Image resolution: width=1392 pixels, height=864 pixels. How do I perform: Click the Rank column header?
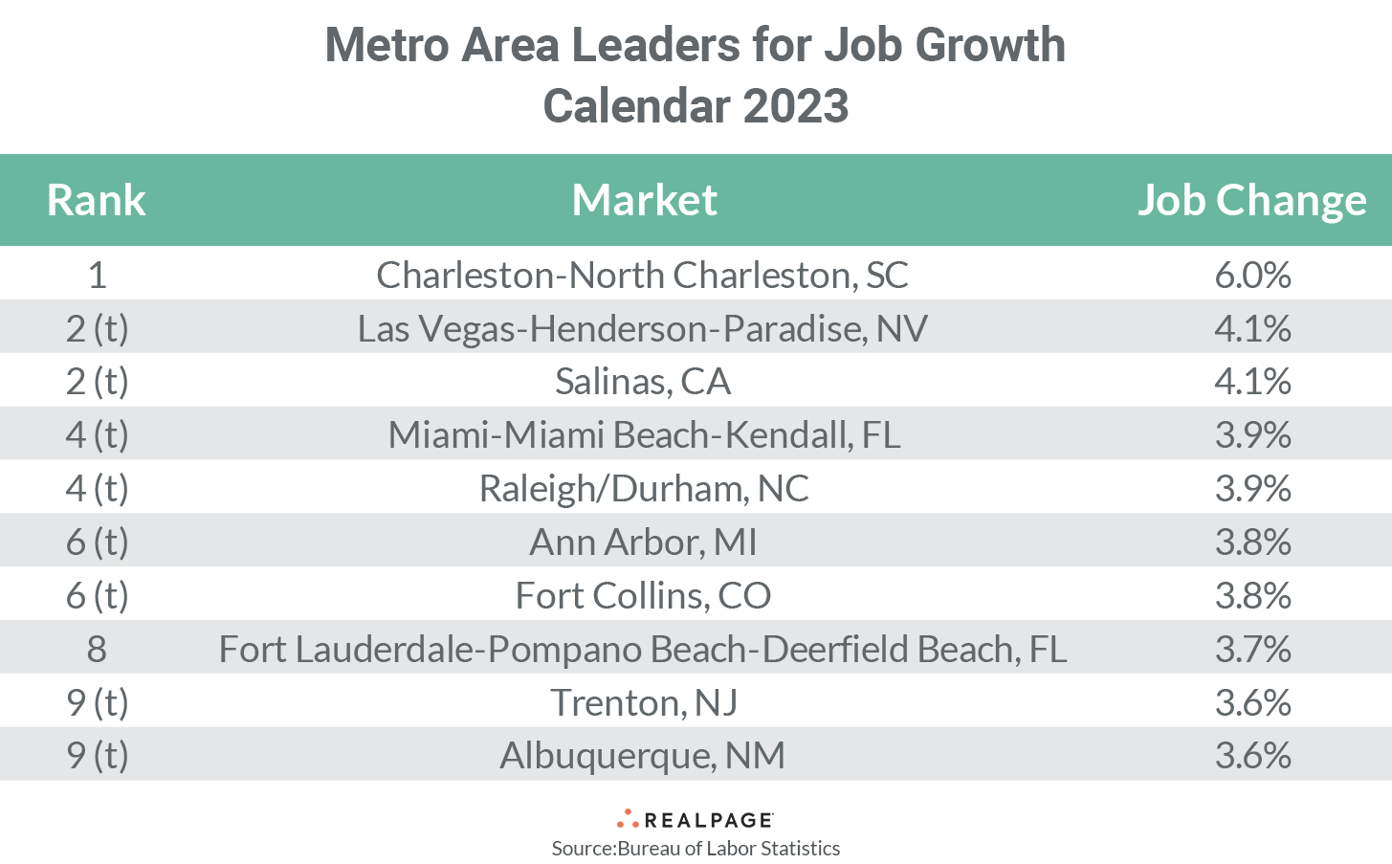point(97,200)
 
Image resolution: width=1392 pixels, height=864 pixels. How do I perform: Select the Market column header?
point(644,200)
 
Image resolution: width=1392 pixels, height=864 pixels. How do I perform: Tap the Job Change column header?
point(1251,200)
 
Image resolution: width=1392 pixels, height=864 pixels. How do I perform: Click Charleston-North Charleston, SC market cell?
point(642,275)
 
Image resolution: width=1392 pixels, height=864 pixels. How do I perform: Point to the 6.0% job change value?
point(1252,275)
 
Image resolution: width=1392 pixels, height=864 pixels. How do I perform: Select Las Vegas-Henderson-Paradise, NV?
point(642,328)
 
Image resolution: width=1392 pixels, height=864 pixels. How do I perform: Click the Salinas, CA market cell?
point(642,382)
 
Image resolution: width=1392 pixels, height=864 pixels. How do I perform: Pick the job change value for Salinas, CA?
point(1252,382)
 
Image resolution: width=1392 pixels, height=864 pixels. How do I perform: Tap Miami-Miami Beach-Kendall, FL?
point(644,435)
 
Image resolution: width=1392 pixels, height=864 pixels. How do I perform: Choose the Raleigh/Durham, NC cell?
point(644,489)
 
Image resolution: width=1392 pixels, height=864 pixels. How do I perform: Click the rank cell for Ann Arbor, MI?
point(97,543)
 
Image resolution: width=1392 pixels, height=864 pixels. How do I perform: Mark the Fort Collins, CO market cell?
point(643,596)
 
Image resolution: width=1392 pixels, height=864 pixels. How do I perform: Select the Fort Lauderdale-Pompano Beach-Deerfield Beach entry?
point(642,650)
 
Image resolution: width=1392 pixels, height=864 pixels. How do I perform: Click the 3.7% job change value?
point(1252,650)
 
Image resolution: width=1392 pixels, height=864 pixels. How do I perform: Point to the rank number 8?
point(97,650)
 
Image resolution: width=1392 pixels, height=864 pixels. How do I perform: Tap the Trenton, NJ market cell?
point(643,703)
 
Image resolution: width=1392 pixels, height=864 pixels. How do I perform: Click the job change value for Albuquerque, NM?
point(1252,756)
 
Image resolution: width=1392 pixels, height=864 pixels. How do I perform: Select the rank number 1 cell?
point(97,275)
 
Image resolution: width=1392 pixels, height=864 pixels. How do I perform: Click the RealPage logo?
point(696,820)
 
